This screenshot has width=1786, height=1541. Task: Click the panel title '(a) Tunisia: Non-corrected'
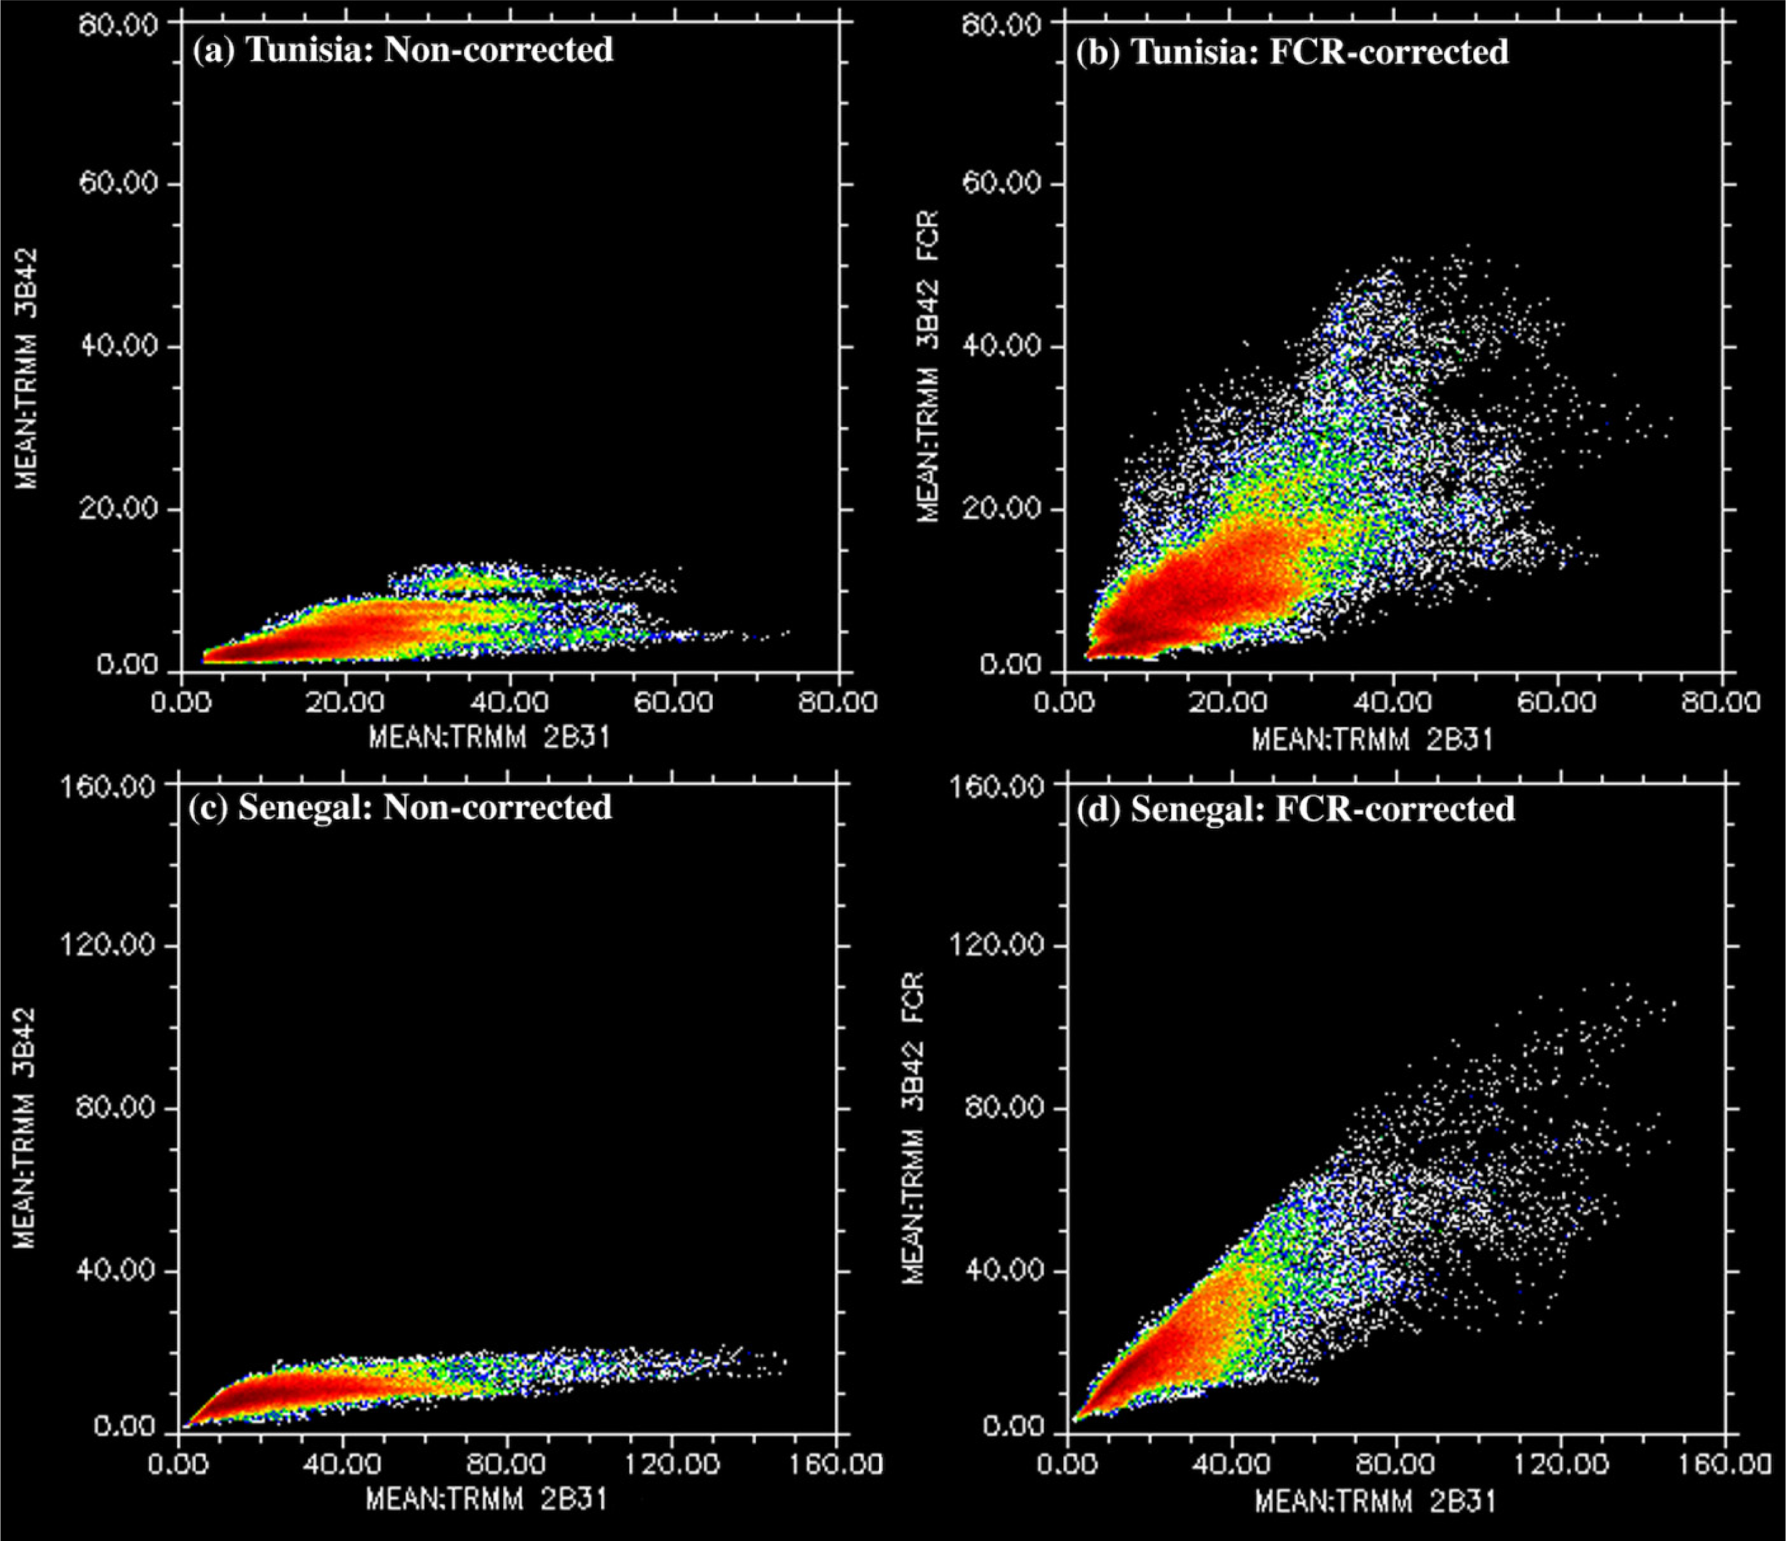[403, 50]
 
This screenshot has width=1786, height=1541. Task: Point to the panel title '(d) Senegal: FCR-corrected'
[1295, 809]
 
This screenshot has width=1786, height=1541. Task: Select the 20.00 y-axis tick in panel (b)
[1001, 508]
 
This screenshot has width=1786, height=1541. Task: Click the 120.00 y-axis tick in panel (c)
[109, 945]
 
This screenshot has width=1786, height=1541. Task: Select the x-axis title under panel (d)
[1374, 1501]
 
